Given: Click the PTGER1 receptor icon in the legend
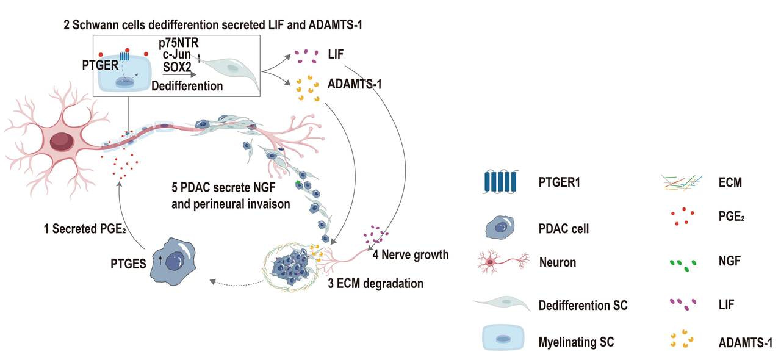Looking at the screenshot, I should pyautogui.click(x=498, y=182).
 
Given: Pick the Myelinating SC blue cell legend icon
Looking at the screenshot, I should pyautogui.click(x=503, y=337).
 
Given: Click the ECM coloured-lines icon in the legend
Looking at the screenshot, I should pyautogui.click(x=684, y=181).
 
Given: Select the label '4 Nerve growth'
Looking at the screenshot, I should pyautogui.click(x=411, y=254).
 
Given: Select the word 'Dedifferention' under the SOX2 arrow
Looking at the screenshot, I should pyautogui.click(x=187, y=86).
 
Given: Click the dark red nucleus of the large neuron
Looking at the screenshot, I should pyautogui.click(x=61, y=141).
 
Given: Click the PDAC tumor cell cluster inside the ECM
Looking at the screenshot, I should pyautogui.click(x=292, y=266).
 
